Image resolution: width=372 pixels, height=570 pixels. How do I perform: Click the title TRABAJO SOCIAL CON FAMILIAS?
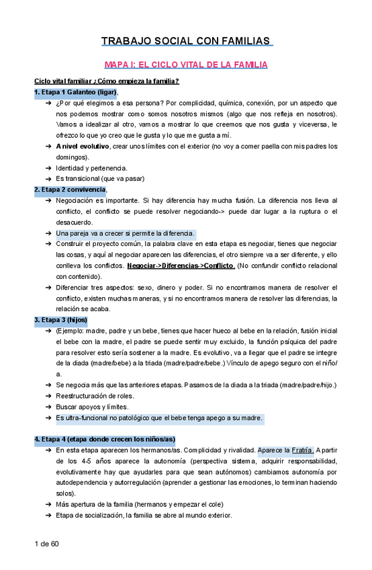tap(185, 41)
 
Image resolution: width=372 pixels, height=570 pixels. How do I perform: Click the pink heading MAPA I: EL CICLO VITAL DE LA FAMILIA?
tap(185, 65)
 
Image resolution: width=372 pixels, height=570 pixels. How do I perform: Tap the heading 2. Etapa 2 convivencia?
tap(70, 190)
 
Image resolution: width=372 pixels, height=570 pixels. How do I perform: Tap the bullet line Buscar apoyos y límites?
tap(91, 407)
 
